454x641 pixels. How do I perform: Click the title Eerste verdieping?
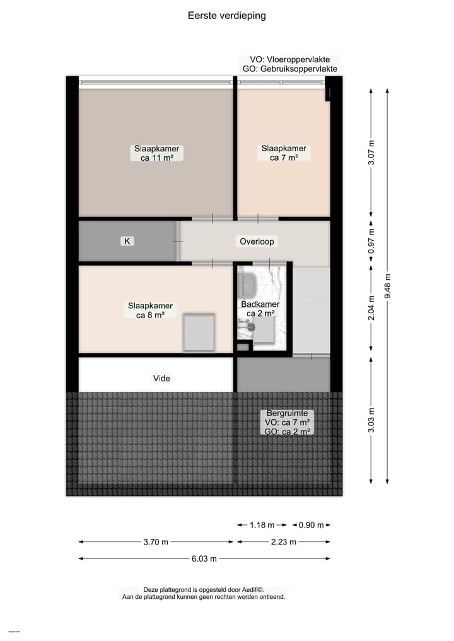[226, 15]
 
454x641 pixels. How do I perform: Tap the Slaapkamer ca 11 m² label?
[156, 154]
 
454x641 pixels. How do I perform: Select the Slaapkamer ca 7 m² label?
[284, 153]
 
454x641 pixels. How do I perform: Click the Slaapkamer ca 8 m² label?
[150, 310]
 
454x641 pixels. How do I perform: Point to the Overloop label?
[257, 241]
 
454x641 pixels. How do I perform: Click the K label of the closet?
[127, 241]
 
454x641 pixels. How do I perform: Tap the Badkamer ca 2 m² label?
[260, 309]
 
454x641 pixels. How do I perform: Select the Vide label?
[161, 378]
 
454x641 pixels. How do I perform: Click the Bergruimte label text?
[287, 413]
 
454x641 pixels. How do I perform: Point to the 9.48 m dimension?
[387, 287]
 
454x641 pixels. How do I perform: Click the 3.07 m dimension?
[371, 153]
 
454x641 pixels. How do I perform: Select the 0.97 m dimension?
[371, 240]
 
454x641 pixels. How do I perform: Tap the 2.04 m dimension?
[371, 308]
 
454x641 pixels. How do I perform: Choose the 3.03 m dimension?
[371, 420]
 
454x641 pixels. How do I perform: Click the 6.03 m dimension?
[204, 558]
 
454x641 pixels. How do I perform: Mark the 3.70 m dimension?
[156, 542]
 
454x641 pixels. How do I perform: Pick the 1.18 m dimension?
[262, 525]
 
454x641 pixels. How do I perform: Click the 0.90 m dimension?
[311, 525]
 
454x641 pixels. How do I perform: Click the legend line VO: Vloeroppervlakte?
[289, 60]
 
